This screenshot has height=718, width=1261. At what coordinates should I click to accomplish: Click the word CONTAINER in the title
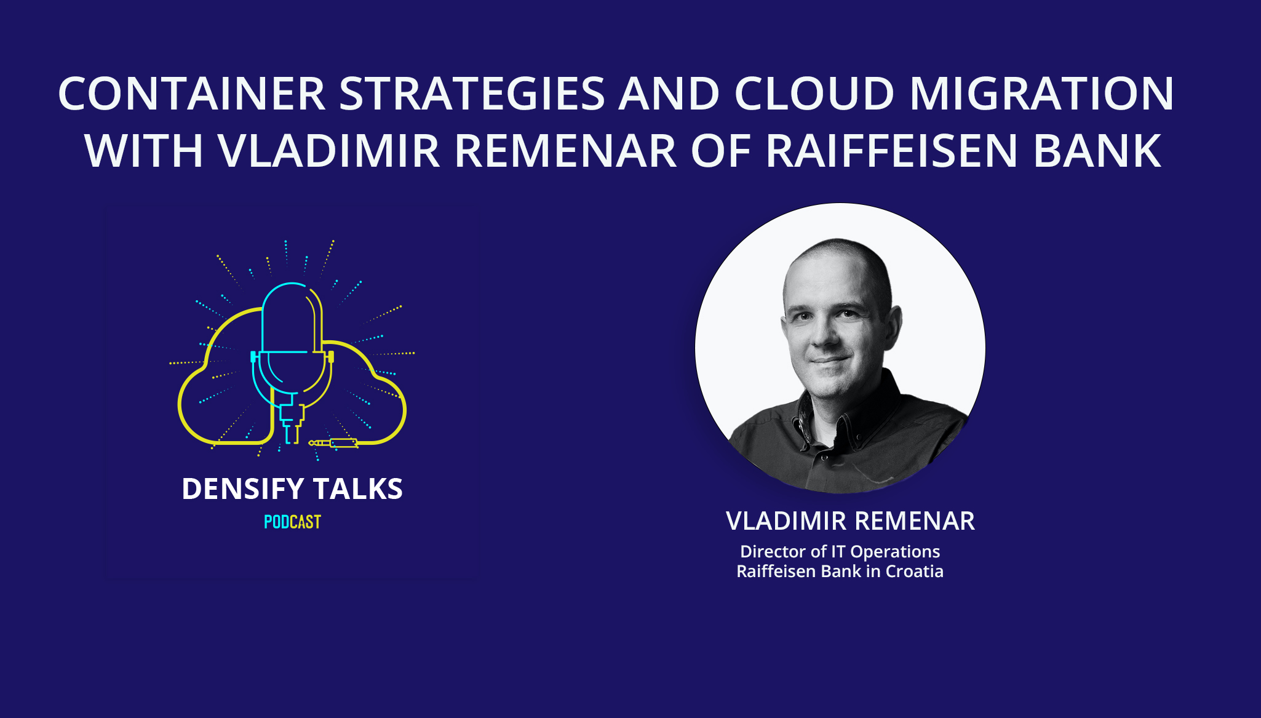pyautogui.click(x=191, y=94)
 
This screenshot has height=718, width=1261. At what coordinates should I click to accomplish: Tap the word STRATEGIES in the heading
pyautogui.click(x=472, y=94)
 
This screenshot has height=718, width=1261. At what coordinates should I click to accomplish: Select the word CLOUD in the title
pyautogui.click(x=814, y=94)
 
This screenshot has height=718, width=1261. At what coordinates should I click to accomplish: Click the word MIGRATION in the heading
pyautogui.click(x=1041, y=94)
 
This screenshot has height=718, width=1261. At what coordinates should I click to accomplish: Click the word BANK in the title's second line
pyautogui.click(x=1097, y=151)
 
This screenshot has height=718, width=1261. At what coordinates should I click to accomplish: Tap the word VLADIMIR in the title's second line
pyautogui.click(x=328, y=151)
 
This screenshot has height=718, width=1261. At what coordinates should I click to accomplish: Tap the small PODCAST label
pyautogui.click(x=292, y=522)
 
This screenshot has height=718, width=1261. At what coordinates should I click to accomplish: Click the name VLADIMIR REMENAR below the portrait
pyautogui.click(x=850, y=521)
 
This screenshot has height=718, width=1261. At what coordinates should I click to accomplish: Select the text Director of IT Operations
pyautogui.click(x=840, y=551)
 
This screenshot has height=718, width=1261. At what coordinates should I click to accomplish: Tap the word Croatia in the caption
pyautogui.click(x=914, y=572)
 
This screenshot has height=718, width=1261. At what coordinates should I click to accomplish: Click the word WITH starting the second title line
pyautogui.click(x=144, y=151)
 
